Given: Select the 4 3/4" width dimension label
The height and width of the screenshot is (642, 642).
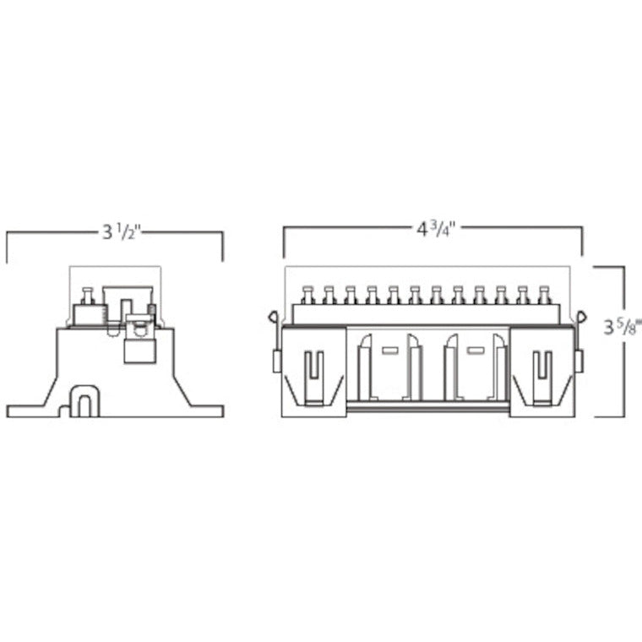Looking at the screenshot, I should tap(433, 229).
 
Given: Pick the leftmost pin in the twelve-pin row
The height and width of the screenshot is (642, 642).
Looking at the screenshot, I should tap(307, 293).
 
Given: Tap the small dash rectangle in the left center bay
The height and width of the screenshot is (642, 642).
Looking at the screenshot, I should tap(390, 348).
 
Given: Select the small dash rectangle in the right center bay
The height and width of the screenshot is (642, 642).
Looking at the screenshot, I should tap(476, 348).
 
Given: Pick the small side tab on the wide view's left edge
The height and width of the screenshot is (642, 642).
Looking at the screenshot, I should tap(276, 362).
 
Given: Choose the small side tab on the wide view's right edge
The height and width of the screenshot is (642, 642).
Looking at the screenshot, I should tap(579, 362).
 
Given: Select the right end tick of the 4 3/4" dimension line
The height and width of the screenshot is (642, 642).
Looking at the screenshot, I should tap(582, 241).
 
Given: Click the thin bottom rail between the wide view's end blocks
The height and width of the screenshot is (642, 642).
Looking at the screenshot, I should tap(429, 407).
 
